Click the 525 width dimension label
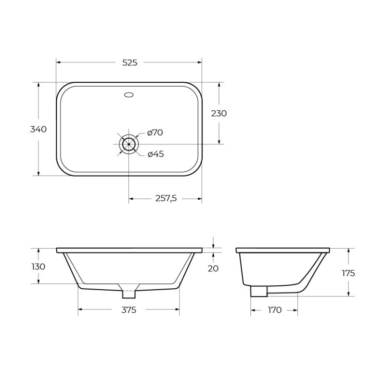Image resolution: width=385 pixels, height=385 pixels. tap(129, 63)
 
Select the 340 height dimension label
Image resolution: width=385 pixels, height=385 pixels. tap(38, 129)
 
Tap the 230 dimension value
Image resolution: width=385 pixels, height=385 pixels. tap(219, 114)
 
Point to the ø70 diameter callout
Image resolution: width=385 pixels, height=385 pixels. tap(155, 133)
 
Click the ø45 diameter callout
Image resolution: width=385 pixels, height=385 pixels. tap(155, 154)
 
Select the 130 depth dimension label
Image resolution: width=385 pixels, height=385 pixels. tap(38, 267)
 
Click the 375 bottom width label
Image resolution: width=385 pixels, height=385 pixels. tap(128, 310)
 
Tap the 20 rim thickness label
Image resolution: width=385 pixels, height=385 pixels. tap(213, 269)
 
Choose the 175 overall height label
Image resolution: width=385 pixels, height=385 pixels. tap(348, 273)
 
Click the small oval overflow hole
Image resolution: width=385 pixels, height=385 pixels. tap(129, 95)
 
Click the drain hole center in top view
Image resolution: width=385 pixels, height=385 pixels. tap(129, 143)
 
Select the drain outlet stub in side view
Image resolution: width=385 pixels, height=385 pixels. tap(259, 291)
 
